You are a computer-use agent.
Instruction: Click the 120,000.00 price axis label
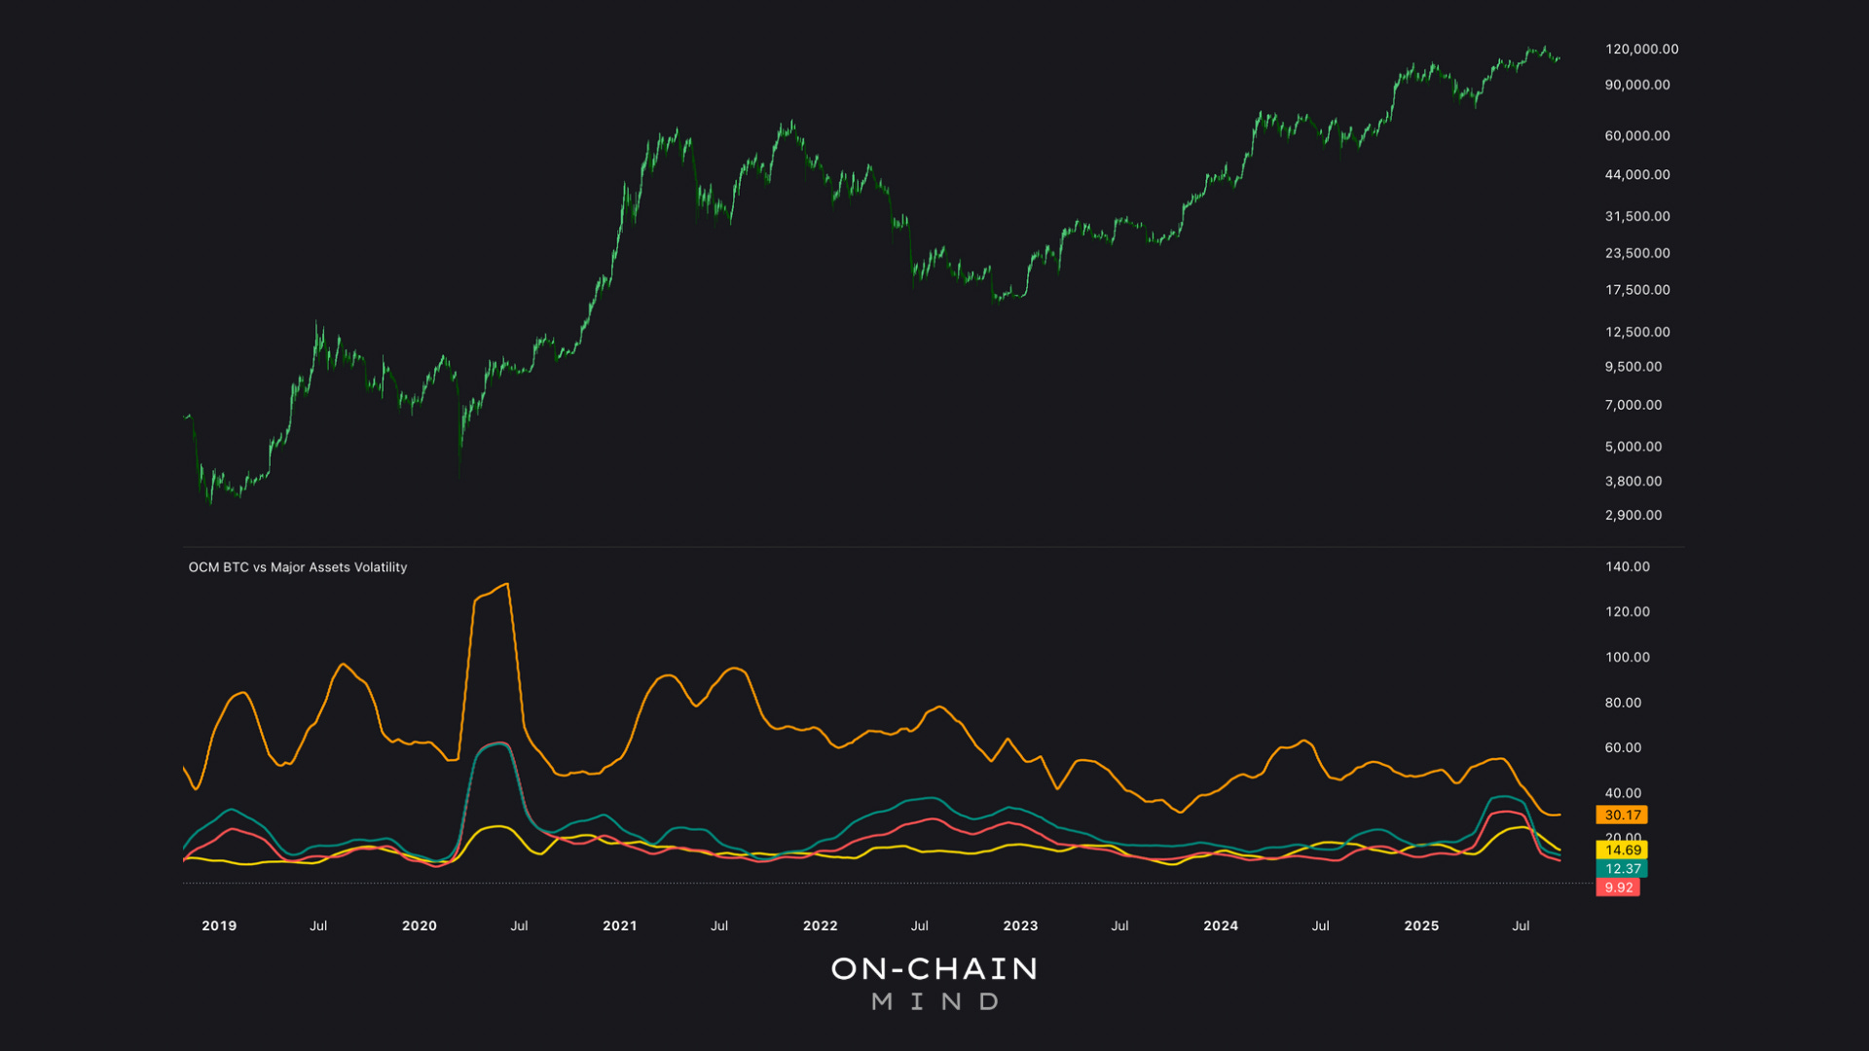[1641, 49]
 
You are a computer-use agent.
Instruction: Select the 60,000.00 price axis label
[1637, 136]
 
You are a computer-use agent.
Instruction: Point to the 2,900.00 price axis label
[1633, 516]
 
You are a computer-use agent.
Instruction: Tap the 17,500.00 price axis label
[1637, 290]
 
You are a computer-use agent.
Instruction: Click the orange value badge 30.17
[1622, 815]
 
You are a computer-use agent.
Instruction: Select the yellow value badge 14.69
[1622, 851]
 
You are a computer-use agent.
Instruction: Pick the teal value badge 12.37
[1622, 869]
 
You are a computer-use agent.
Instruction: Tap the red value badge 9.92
[1618, 888]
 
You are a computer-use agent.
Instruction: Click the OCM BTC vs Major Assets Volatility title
[298, 567]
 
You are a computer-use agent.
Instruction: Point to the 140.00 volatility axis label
[1628, 566]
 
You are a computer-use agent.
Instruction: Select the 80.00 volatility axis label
[1623, 703]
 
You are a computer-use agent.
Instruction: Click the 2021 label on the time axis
[620, 925]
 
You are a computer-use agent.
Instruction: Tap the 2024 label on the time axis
[1221, 925]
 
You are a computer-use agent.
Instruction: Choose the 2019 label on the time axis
[219, 925]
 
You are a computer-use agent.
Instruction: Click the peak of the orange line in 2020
[506, 585]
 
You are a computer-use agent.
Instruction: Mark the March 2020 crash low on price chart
[459, 471]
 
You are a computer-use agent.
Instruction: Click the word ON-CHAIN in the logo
[934, 969]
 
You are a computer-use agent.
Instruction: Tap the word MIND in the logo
[934, 1002]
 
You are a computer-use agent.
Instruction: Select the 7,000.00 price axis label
[1633, 405]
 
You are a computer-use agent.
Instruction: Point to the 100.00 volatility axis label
[1628, 658]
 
